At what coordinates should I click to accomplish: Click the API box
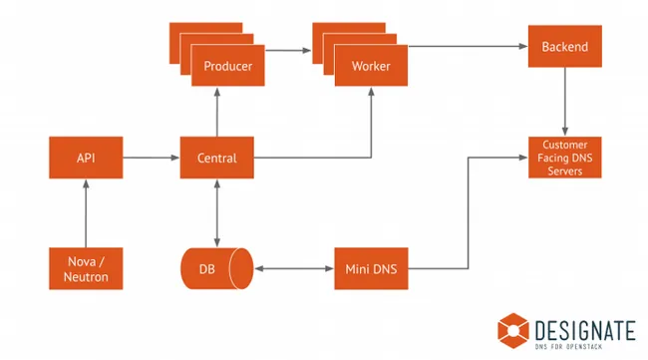(86, 158)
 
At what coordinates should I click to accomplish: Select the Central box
(216, 158)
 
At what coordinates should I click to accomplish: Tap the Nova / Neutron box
(86, 269)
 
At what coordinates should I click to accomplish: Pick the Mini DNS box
(371, 269)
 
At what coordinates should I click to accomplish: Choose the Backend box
(565, 47)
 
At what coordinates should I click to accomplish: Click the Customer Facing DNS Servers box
(565, 158)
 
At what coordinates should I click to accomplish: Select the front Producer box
(228, 67)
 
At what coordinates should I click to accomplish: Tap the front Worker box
(371, 67)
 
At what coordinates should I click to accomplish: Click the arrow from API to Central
(151, 158)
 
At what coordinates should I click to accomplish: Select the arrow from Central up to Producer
(216, 113)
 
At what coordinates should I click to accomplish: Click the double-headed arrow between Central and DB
(216, 211)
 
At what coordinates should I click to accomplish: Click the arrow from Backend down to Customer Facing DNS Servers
(565, 102)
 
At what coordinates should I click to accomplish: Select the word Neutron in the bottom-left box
(86, 276)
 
